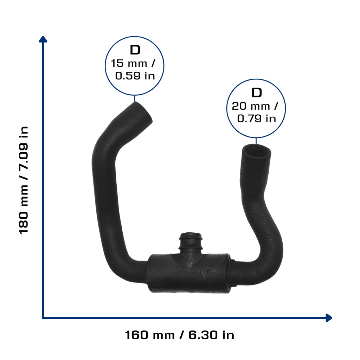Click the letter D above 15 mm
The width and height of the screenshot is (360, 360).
point(135,50)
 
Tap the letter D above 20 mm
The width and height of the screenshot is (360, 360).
point(256,92)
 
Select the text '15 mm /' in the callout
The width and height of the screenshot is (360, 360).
point(133,63)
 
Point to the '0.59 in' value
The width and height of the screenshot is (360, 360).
point(135,76)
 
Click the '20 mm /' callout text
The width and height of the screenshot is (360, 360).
point(255,106)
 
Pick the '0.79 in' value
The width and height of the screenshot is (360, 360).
point(256,118)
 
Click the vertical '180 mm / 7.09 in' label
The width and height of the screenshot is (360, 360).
point(24,180)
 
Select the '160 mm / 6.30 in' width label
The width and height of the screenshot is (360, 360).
point(180,335)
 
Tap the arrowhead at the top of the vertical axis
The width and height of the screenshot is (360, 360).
point(43,39)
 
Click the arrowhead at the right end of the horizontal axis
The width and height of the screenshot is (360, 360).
point(329,318)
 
